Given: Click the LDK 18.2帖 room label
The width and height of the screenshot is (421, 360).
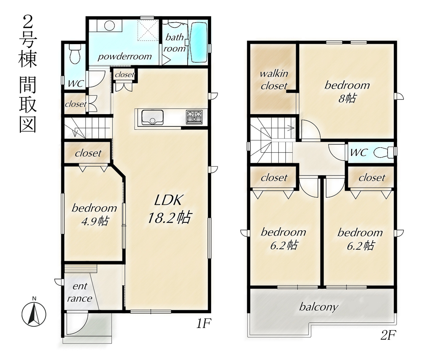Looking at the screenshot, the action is [x=169, y=209].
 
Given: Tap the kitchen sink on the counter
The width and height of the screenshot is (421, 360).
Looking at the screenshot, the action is [x=152, y=118].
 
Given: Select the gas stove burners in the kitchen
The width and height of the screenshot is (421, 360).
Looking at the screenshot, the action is [x=194, y=117].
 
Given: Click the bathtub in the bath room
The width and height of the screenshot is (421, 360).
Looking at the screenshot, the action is [x=199, y=42].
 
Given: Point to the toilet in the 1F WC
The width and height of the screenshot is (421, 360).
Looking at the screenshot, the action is [x=75, y=54].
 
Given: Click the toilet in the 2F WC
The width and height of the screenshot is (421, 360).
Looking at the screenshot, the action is [x=383, y=152].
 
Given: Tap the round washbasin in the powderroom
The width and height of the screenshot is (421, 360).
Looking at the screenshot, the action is [x=110, y=26].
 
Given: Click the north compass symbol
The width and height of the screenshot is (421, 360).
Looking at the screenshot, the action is [x=34, y=312].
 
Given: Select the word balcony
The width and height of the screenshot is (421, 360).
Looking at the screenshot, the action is [x=318, y=307].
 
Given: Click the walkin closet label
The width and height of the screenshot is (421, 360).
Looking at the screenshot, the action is [x=274, y=80].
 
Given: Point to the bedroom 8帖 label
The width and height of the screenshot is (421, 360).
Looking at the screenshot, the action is [x=347, y=91].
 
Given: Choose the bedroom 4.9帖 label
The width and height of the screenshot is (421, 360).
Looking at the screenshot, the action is [x=95, y=215].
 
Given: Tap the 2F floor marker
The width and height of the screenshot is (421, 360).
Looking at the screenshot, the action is [x=388, y=335].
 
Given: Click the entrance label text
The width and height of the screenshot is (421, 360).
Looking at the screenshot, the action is [x=80, y=292].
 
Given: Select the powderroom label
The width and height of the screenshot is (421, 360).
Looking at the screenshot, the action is [x=125, y=56].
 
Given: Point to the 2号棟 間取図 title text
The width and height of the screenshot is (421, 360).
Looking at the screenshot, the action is [x=28, y=74].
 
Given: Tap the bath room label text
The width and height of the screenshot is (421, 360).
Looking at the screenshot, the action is [x=175, y=43].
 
